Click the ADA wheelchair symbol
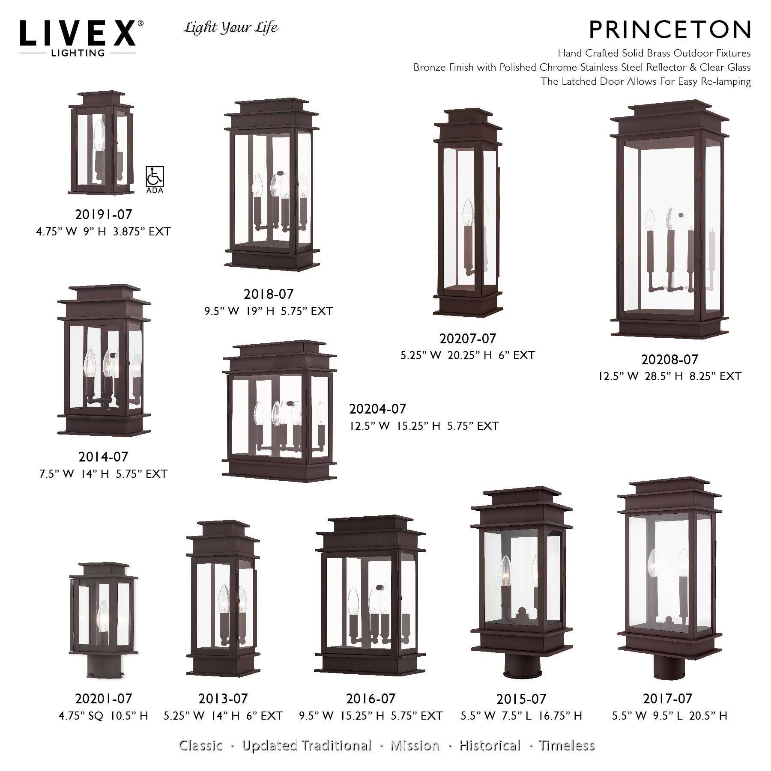[x=155, y=176]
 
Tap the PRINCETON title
[x=670, y=30]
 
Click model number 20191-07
[x=104, y=214]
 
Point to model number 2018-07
[x=269, y=294]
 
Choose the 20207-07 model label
[x=467, y=339]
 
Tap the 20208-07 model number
[x=669, y=360]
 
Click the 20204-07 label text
[x=377, y=409]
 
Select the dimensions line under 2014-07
[x=103, y=474]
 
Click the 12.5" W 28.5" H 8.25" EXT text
[x=669, y=376]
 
